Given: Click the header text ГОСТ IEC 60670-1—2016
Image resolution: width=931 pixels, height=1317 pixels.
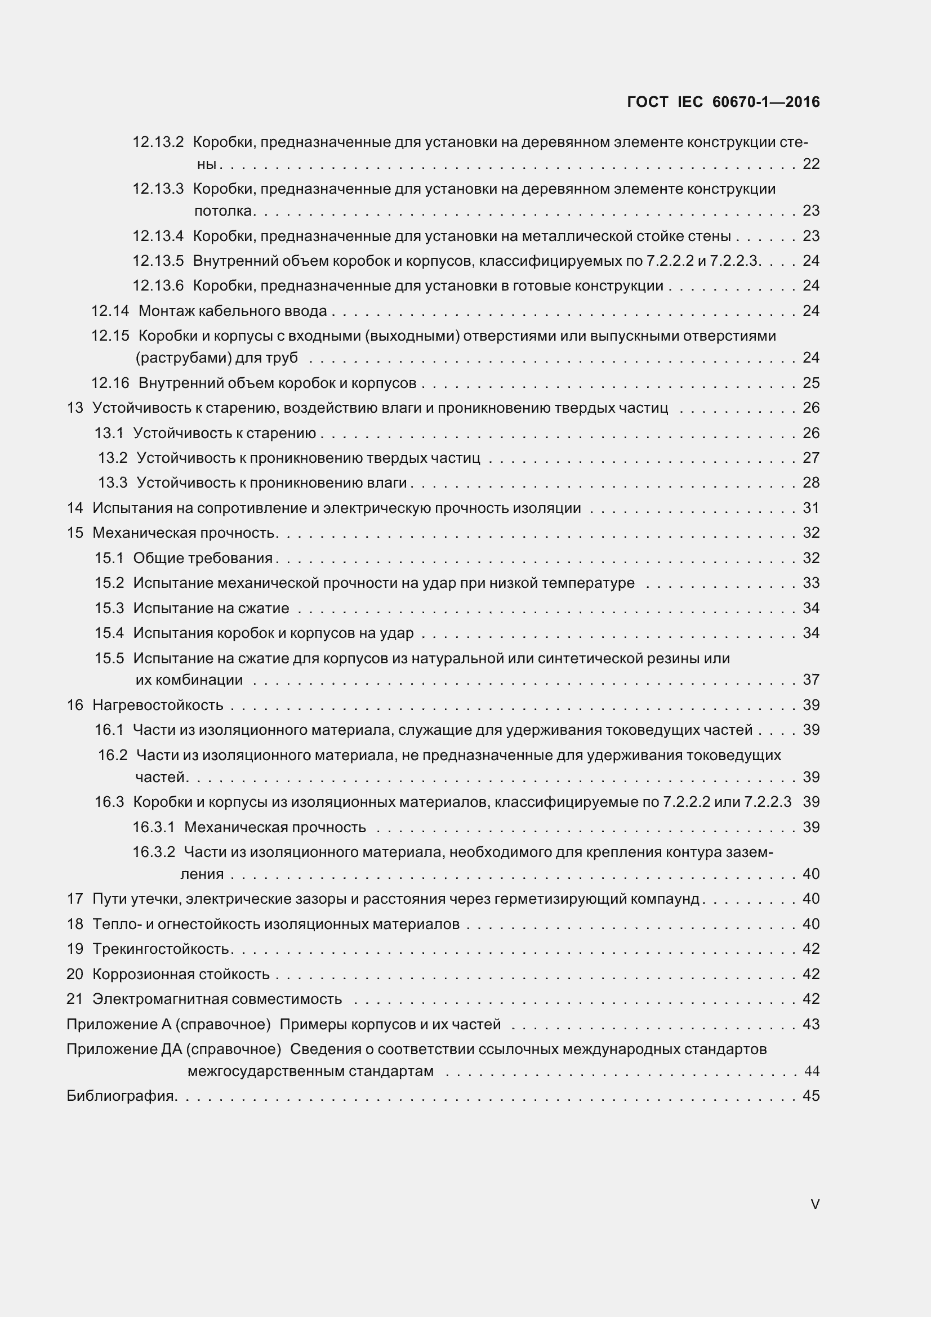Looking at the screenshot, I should (723, 102).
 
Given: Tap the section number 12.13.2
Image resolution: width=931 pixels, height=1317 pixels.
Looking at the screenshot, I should (158, 142).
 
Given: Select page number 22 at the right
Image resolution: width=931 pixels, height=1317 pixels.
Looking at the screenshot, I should (810, 164).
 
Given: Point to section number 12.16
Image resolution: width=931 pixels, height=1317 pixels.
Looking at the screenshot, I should (110, 382).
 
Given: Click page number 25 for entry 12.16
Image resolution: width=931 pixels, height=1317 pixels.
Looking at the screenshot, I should (810, 382).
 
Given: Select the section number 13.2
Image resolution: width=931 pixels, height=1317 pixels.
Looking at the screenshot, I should (113, 458).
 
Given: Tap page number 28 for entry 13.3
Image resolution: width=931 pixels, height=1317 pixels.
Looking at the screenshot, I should (810, 483).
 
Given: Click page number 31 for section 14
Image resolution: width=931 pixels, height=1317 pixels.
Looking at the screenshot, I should (810, 508).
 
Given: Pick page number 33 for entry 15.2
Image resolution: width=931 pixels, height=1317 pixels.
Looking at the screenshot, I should (810, 583).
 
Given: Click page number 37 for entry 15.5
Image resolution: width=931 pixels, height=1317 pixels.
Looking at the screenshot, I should (810, 680).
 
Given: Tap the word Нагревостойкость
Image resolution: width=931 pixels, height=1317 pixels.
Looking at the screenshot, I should (158, 705).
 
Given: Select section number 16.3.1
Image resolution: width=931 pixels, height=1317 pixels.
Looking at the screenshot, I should (153, 827).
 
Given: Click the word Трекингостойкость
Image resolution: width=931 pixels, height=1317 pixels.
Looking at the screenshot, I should (161, 949).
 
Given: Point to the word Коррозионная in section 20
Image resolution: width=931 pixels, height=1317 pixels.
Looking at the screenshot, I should (136, 974).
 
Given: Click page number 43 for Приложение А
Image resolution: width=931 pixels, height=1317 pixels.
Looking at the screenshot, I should (810, 1024).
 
